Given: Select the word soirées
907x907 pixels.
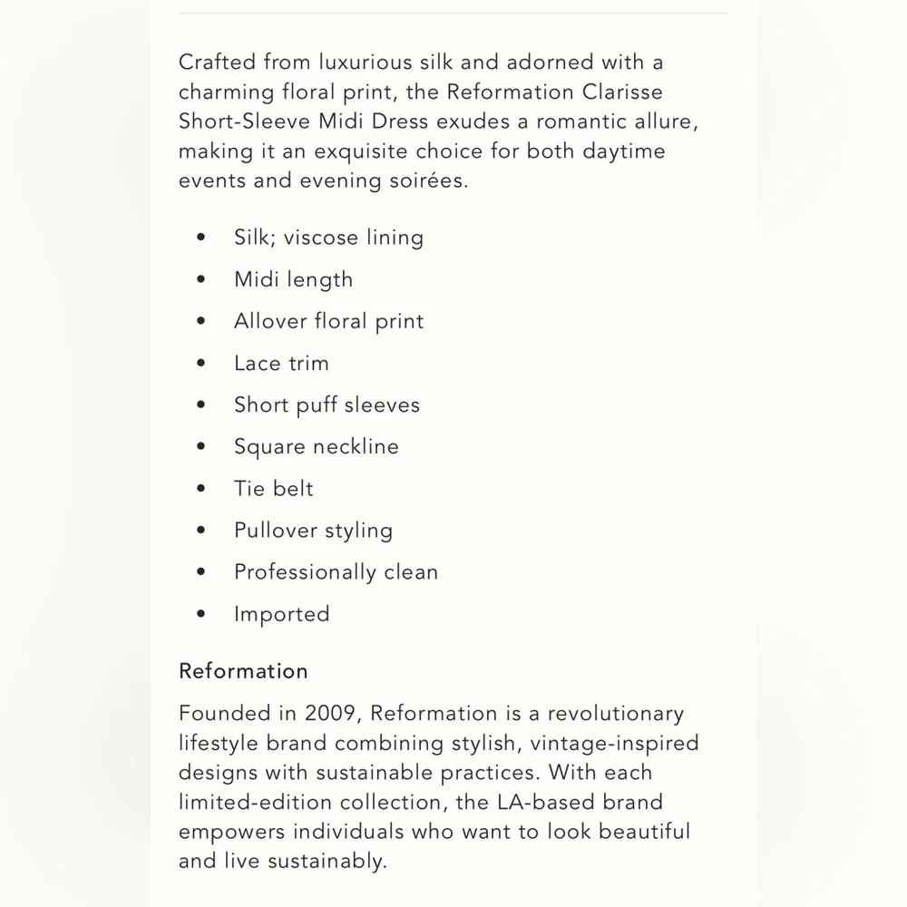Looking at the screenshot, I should [426, 180].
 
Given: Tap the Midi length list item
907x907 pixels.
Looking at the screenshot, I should [293, 279].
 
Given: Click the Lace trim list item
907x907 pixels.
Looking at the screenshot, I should [281, 363].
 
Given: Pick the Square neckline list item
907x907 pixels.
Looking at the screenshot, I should [316, 446].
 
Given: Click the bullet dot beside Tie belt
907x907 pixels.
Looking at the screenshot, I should [201, 489].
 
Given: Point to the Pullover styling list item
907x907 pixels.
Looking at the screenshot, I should [313, 531].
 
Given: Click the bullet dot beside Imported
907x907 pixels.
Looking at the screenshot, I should [201, 614].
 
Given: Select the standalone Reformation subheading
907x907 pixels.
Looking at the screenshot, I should [243, 671].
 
